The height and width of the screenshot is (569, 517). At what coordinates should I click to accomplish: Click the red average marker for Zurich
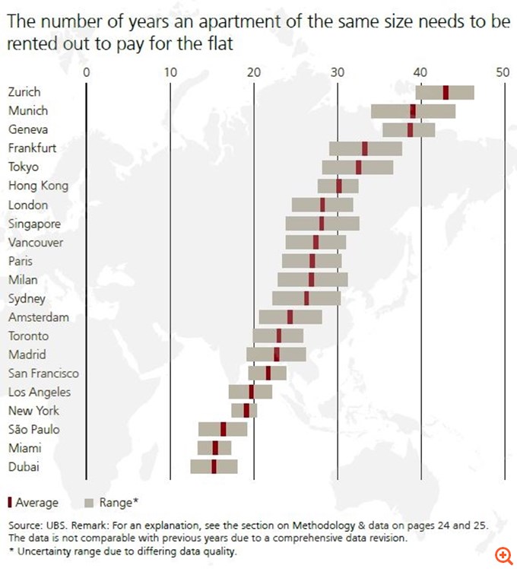(446, 92)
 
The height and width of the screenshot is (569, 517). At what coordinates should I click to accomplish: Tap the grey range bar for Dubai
(214, 466)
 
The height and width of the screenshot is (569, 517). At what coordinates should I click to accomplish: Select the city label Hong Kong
(38, 186)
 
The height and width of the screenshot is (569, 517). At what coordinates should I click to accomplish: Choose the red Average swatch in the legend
(9, 503)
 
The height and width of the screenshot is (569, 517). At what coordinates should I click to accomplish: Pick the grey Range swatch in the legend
(89, 503)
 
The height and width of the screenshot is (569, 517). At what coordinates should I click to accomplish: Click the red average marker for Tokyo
(359, 167)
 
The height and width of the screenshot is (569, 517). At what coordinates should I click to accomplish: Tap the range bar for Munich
(413, 111)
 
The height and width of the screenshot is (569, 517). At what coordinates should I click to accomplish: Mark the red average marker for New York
(246, 410)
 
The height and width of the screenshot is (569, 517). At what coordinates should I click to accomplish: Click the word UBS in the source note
(56, 526)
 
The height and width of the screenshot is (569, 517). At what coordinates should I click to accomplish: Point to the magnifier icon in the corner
(502, 555)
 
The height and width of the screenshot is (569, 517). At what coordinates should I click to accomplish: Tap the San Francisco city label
(43, 373)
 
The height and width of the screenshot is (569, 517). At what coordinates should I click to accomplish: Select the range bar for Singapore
(322, 223)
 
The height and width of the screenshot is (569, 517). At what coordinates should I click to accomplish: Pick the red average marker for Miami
(215, 447)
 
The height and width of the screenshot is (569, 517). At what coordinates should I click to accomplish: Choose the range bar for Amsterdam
(290, 316)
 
